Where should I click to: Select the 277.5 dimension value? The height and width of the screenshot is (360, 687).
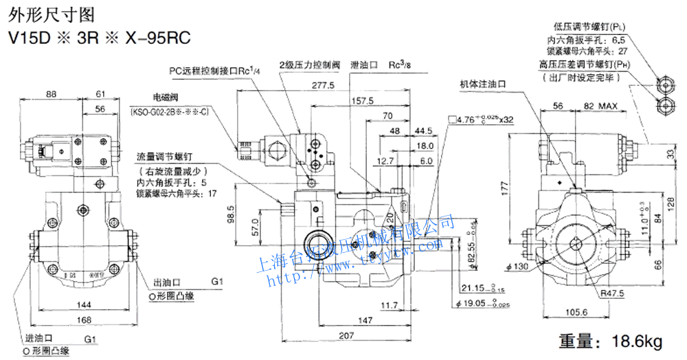(322, 85)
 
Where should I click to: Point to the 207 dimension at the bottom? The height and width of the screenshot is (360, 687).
(348, 336)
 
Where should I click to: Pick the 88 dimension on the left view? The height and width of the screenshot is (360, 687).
(51, 94)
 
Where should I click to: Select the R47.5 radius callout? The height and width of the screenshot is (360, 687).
(610, 294)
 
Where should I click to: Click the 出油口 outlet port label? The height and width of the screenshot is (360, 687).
(166, 282)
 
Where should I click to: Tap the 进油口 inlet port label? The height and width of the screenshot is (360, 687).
(38, 339)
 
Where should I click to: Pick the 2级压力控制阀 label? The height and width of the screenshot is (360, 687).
(309, 65)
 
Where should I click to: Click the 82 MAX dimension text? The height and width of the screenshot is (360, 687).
(600, 106)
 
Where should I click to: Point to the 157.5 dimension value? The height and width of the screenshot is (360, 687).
(362, 100)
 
